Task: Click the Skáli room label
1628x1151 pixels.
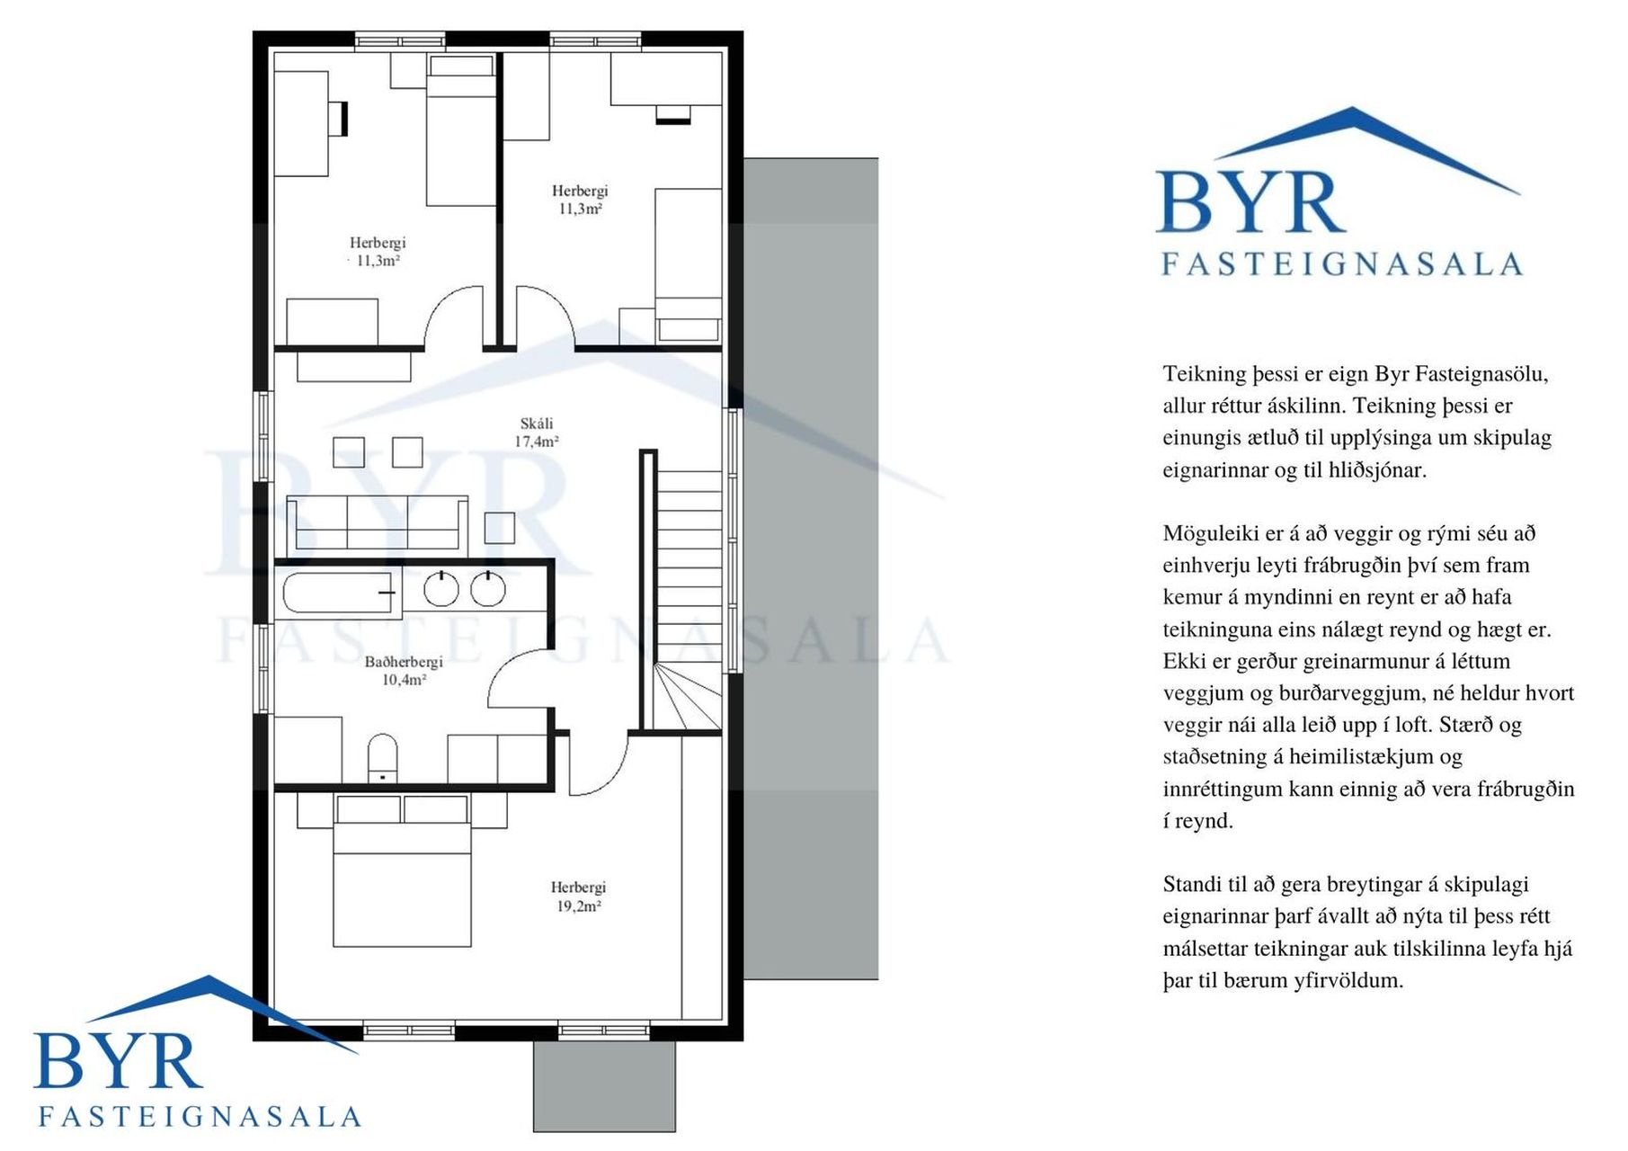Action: click(x=537, y=424)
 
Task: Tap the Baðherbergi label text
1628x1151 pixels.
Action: click(x=404, y=662)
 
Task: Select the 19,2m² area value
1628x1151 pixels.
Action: click(x=578, y=906)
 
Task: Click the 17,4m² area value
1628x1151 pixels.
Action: click(x=537, y=442)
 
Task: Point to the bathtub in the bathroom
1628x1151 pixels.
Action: click(x=339, y=593)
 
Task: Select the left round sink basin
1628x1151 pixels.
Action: click(x=441, y=589)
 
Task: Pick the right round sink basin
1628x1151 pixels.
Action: click(x=488, y=589)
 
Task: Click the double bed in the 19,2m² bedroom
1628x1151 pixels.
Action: click(x=402, y=870)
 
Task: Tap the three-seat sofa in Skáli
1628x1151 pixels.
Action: click(x=378, y=522)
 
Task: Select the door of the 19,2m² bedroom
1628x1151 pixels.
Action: click(x=597, y=764)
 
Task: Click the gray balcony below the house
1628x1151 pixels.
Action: click(x=604, y=1086)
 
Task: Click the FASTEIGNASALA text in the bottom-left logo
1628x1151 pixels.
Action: click(x=200, y=1117)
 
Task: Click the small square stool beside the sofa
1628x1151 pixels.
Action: click(x=500, y=528)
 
